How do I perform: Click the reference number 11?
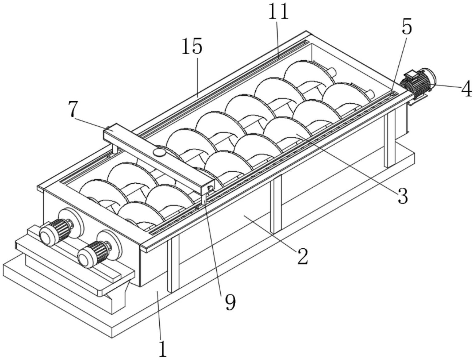(x=278, y=12)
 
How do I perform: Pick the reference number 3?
(x=403, y=196)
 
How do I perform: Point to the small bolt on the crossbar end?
(x=211, y=188)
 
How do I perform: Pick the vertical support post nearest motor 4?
(x=389, y=140)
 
